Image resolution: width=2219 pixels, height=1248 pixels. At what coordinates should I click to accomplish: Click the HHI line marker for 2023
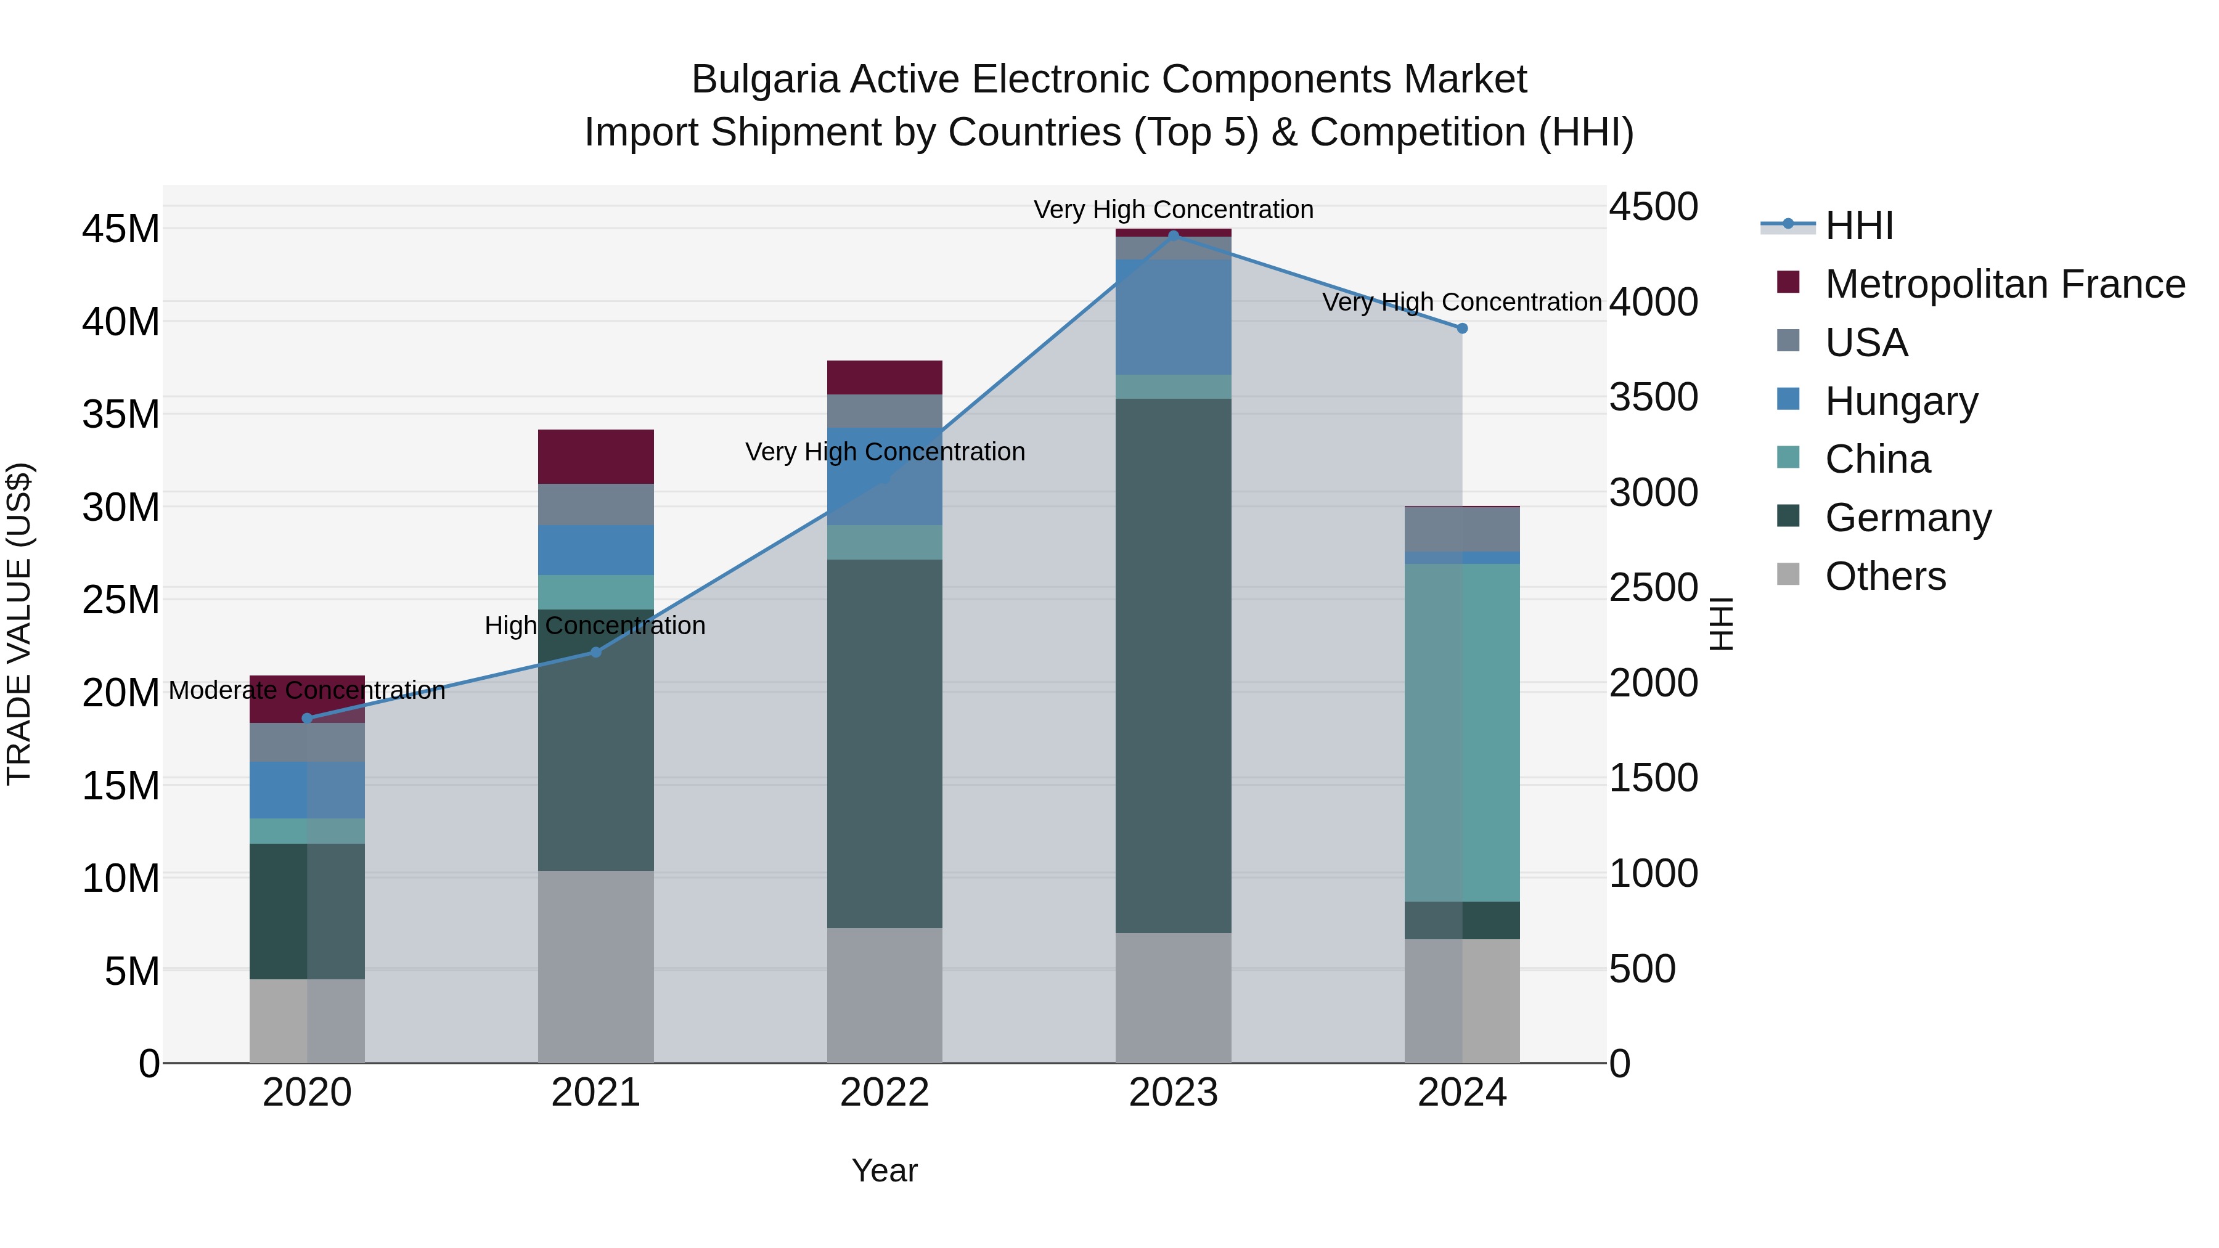(x=1173, y=235)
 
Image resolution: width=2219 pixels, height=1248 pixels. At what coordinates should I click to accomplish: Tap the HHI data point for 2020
(x=308, y=719)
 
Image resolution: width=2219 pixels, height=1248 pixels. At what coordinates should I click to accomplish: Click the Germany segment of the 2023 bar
(x=1173, y=665)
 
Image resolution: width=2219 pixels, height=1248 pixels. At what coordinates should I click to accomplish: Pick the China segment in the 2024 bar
(x=1462, y=732)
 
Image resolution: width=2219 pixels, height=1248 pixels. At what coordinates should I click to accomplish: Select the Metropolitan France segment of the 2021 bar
(x=595, y=457)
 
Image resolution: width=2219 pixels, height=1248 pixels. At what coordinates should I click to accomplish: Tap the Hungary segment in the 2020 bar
(x=308, y=790)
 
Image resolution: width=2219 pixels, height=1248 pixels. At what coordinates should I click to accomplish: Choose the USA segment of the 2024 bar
(x=1462, y=529)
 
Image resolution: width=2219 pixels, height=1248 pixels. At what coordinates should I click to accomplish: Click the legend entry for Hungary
(x=1900, y=401)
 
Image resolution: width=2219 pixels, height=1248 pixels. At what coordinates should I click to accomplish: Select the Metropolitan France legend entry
(x=2004, y=284)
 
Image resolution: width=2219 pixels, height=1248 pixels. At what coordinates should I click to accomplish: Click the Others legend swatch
(x=1788, y=574)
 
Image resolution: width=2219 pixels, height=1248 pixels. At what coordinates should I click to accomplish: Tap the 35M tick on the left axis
(x=121, y=414)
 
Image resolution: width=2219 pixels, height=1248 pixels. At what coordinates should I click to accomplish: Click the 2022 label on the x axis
(x=885, y=1093)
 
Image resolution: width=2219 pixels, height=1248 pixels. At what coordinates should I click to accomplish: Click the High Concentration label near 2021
(x=595, y=626)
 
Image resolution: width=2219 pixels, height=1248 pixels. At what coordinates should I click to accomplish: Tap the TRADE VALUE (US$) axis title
(x=20, y=624)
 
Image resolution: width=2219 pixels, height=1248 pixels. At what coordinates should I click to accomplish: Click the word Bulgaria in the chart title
(x=765, y=80)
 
